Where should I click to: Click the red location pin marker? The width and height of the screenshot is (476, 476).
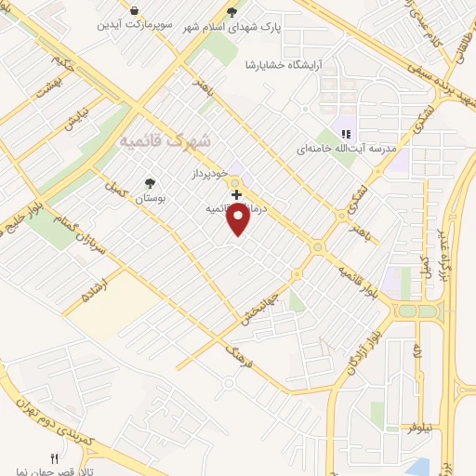(239, 219)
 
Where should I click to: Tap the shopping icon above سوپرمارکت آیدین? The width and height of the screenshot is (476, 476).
(135, 10)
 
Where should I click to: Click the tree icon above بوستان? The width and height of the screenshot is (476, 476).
(149, 184)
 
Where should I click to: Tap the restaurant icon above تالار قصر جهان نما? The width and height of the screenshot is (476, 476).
(54, 458)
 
